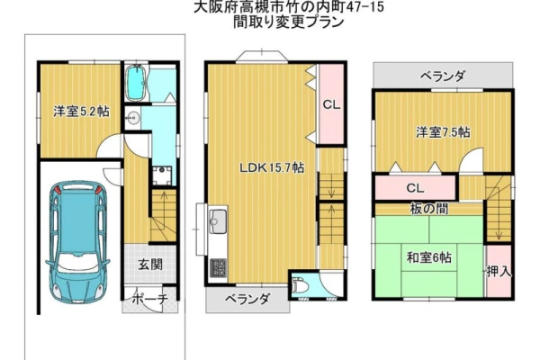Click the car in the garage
point(77,241)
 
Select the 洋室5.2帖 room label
point(81,112)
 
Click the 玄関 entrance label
point(150,265)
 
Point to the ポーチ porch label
point(150,299)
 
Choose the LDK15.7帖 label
point(272,167)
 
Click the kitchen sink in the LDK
point(218,219)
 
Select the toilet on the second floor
point(298,285)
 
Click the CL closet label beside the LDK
point(331,104)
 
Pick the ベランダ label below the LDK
point(247,299)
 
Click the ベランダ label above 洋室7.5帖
point(443,76)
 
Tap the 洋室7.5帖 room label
point(443,132)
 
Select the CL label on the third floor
point(415,188)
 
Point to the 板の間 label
point(429,209)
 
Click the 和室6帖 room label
point(428,257)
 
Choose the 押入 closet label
point(499,272)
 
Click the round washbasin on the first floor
point(132,117)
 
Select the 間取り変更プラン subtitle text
point(289,22)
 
